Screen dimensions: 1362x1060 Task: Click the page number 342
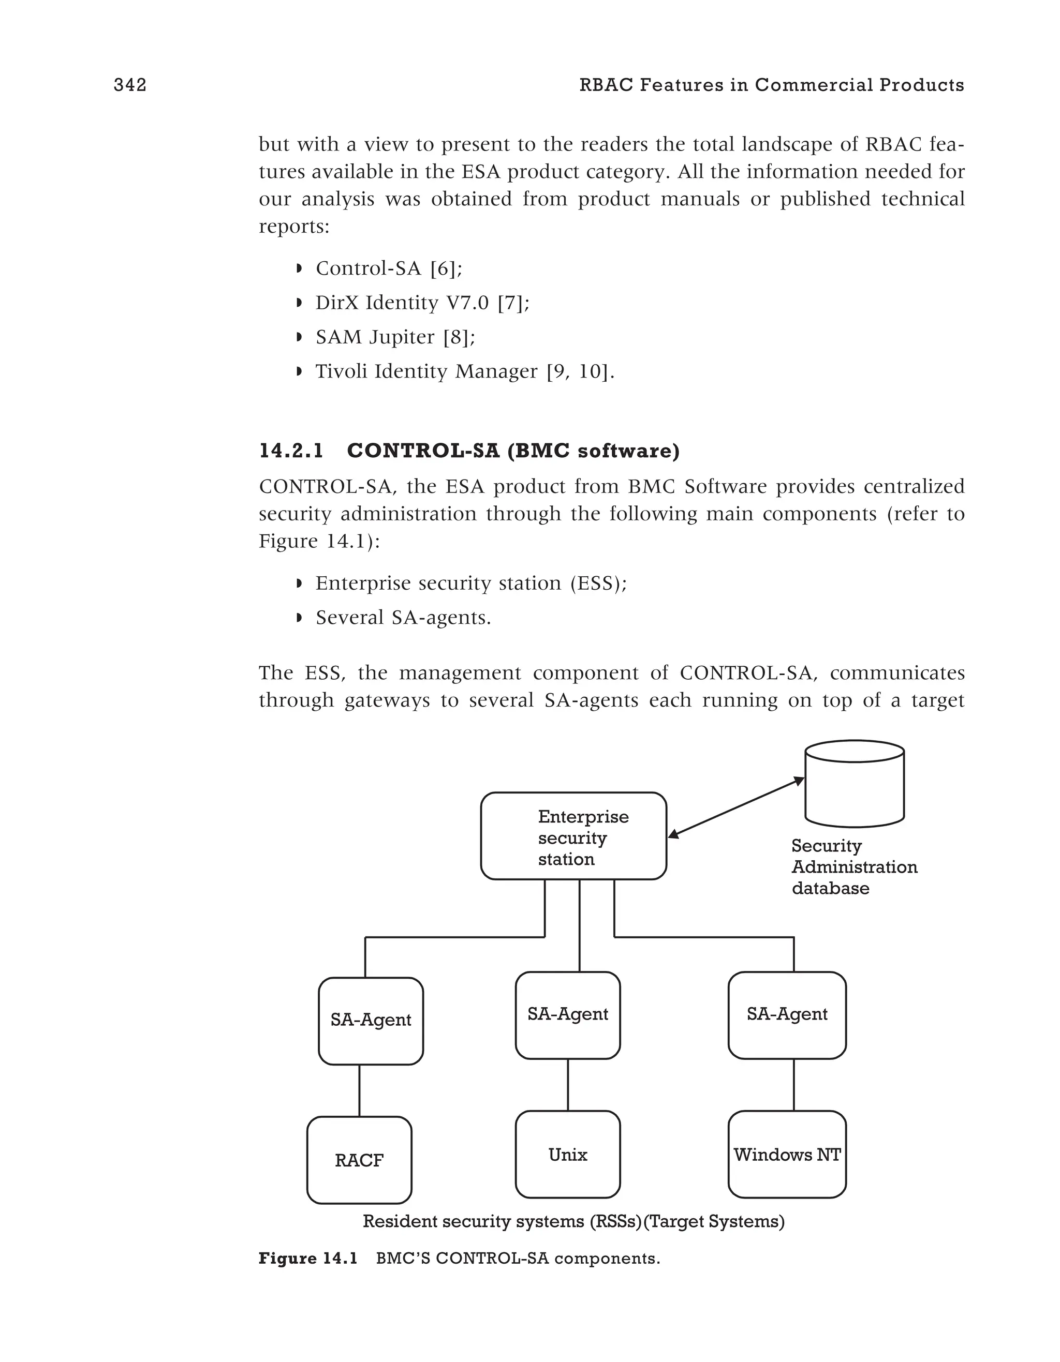(130, 85)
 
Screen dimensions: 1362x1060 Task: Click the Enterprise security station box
(573, 836)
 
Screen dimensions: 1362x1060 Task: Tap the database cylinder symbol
(854, 783)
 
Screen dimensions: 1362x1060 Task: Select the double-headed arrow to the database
(735, 807)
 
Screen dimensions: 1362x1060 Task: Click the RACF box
(359, 1161)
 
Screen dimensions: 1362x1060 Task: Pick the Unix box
(567, 1155)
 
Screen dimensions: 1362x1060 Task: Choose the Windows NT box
(787, 1155)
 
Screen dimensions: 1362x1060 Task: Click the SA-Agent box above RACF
(371, 1020)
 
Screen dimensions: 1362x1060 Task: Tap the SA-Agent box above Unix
(567, 1014)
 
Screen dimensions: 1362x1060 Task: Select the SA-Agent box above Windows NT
(787, 1014)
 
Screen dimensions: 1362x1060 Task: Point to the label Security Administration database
(853, 867)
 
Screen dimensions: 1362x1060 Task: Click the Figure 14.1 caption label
(308, 1259)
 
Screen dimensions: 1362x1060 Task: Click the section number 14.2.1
(291, 451)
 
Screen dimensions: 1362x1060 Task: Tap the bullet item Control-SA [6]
(389, 269)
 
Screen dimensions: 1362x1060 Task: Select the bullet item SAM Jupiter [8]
(395, 337)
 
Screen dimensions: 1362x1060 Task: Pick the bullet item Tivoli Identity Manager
(464, 372)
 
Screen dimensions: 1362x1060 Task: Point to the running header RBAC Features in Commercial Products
(771, 85)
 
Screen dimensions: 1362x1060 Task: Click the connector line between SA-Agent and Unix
(568, 1085)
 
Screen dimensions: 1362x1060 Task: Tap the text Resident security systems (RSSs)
(502, 1222)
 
